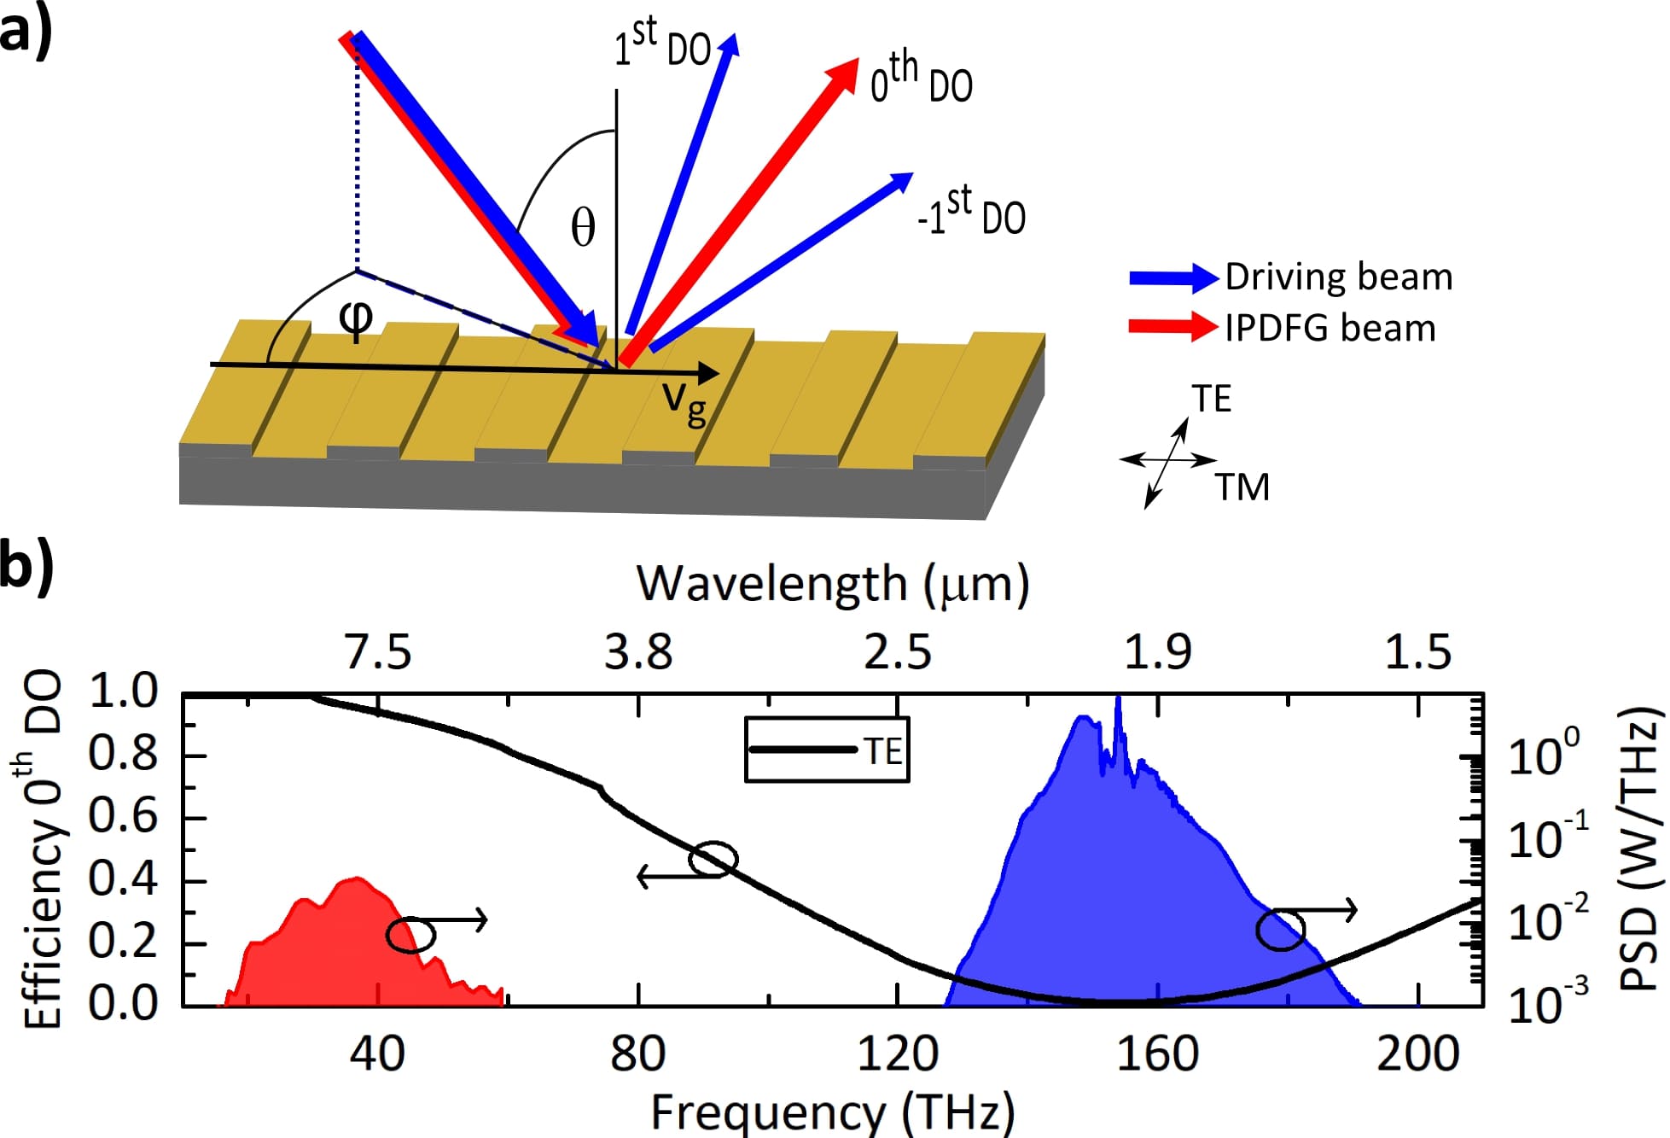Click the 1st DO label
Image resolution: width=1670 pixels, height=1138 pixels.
click(662, 44)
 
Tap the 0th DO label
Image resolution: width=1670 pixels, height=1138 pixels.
click(921, 80)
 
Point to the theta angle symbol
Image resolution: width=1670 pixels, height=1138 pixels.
click(583, 228)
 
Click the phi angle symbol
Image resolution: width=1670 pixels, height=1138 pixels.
click(356, 318)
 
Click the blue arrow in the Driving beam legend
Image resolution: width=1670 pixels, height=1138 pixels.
click(1172, 277)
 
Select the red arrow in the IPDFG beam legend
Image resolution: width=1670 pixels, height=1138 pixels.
click(1172, 327)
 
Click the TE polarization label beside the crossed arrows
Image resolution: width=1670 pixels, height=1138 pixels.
click(1212, 399)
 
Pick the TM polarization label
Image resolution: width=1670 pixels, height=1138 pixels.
click(1242, 487)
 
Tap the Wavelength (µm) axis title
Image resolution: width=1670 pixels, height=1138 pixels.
click(833, 585)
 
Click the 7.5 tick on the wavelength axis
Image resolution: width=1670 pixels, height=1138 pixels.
click(378, 652)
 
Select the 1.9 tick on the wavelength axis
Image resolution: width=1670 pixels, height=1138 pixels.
click(1157, 652)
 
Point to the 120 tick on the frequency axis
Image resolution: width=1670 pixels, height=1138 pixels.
click(898, 1053)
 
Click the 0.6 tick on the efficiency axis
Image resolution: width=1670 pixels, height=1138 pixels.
click(123, 817)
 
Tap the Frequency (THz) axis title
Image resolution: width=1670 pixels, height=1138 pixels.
click(833, 1112)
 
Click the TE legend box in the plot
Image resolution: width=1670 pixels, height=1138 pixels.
click(827, 750)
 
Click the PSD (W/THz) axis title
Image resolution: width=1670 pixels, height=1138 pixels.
click(1639, 849)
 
